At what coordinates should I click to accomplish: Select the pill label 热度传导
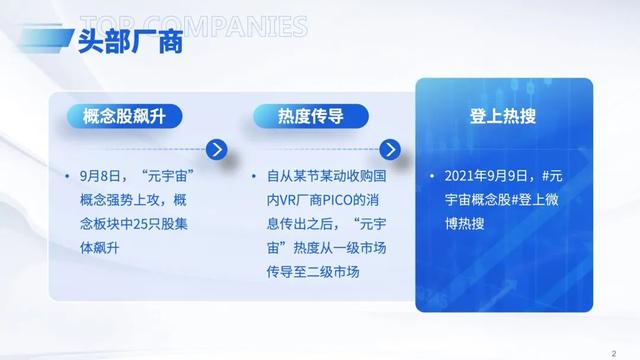(311, 116)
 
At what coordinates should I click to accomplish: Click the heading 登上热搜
(502, 116)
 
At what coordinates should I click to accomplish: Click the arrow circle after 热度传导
(404, 151)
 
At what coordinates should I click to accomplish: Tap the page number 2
(613, 351)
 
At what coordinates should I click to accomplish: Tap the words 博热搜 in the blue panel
(465, 222)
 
